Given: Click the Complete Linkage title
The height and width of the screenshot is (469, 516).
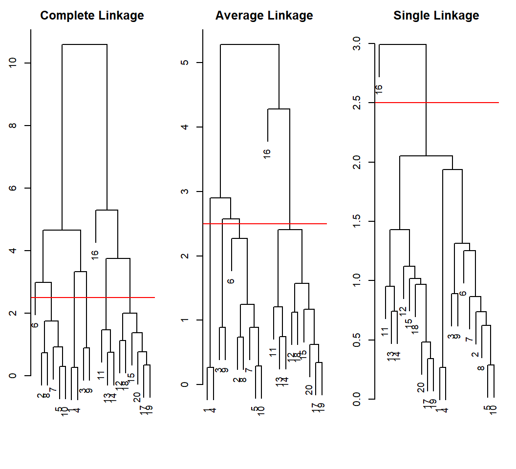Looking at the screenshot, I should tap(92, 16).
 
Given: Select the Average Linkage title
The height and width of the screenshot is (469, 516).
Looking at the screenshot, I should tap(264, 16).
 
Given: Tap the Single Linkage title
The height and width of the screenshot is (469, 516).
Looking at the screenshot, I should tap(436, 16).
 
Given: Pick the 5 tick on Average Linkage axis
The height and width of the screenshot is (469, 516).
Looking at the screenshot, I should tap(185, 63).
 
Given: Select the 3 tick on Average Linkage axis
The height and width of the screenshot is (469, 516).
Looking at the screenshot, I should tap(185, 192).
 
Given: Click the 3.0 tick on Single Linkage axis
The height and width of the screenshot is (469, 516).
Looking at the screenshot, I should tap(357, 44).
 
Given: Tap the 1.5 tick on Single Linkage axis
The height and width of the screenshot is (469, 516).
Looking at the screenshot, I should tap(357, 221).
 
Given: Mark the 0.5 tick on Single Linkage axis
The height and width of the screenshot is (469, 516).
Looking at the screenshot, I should tap(357, 340).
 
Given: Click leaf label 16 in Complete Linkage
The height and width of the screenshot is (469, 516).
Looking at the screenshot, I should tap(95, 255).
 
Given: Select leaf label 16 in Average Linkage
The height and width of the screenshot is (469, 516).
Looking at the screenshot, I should tap(267, 153).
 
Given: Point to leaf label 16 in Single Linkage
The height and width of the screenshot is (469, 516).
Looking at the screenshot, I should tap(379, 89).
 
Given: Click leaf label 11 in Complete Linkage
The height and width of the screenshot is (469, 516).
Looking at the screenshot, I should tap(101, 375).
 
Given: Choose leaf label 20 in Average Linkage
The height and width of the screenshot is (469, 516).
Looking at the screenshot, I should tap(309, 389).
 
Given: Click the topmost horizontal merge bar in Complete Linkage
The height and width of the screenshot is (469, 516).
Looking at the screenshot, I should tap(85, 44).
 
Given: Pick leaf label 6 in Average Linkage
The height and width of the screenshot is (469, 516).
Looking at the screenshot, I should tap(231, 281).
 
